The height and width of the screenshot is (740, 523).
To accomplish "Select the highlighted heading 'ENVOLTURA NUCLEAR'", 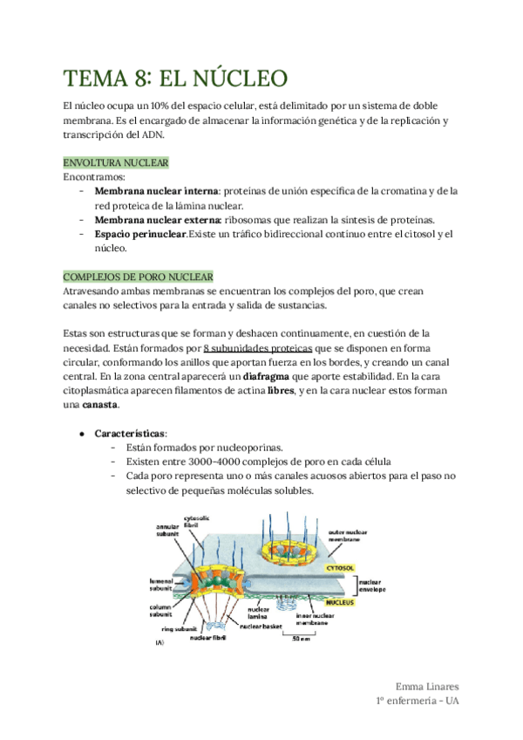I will coord(116,163).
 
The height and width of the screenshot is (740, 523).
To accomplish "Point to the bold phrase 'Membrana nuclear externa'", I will coord(158,219).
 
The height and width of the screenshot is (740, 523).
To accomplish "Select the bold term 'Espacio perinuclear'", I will coord(140,234).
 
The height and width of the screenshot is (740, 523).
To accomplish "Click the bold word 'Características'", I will coord(131,433).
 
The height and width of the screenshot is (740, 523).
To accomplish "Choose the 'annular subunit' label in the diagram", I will coord(167,531).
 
